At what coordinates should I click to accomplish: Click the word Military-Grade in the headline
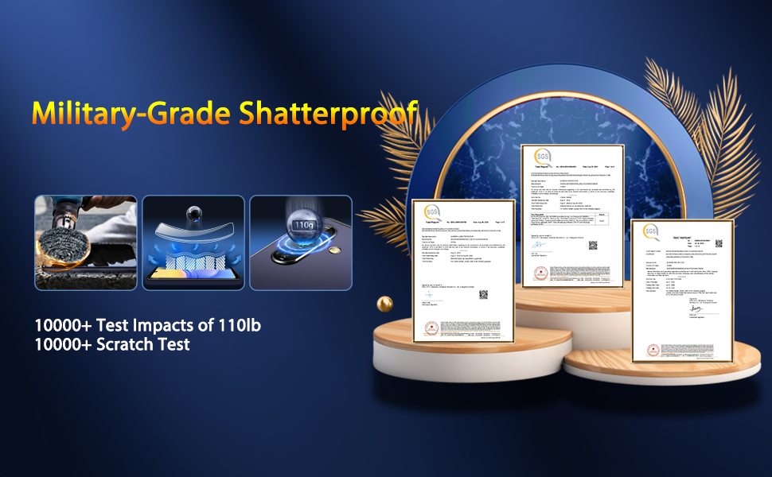point(132,113)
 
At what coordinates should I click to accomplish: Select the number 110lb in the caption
point(235,326)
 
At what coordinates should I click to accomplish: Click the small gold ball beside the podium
point(384,304)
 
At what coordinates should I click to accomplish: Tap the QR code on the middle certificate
point(593,246)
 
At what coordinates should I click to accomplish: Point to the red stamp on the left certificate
point(432,328)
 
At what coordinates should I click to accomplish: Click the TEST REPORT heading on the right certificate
point(682,237)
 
